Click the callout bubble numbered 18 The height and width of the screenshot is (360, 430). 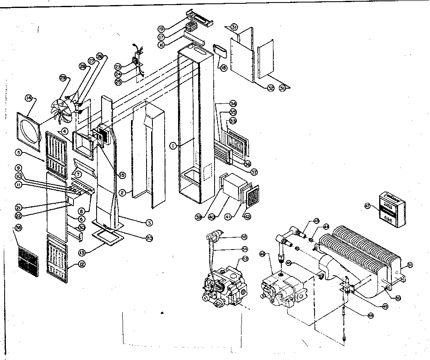click(223, 67)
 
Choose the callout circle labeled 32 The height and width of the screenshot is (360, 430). click(270, 88)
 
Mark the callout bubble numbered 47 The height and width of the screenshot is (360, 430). click(367, 206)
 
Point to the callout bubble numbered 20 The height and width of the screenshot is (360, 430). click(149, 238)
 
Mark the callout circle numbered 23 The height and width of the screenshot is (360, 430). click(118, 67)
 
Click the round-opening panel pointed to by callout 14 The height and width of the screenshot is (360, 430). click(29, 131)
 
